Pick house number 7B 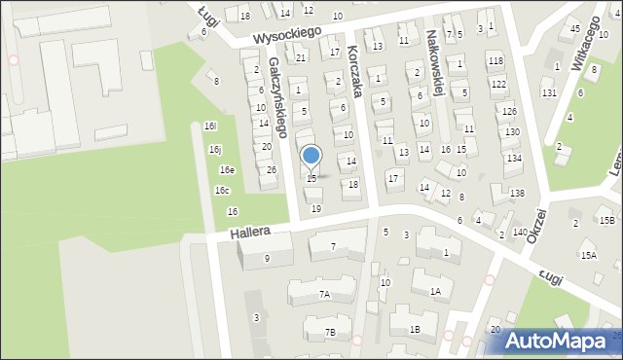(x=330, y=333)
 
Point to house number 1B (x=415, y=330)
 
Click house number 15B (x=606, y=221)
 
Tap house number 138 (x=516, y=194)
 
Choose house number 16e (x=226, y=170)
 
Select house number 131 (x=549, y=92)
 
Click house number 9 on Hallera (x=267, y=259)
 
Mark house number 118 (x=496, y=60)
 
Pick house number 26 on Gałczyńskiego (x=272, y=170)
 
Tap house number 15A (x=588, y=255)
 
